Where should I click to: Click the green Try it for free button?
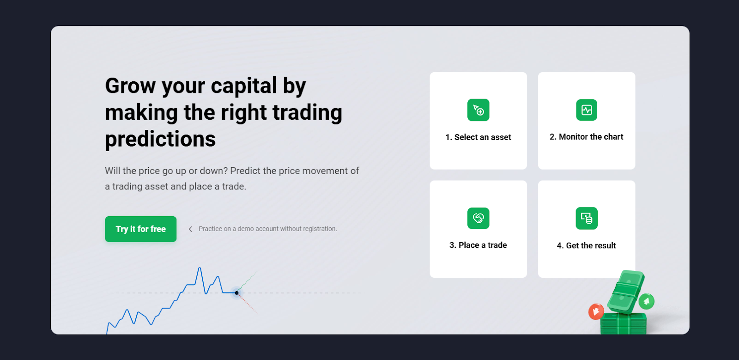tap(140, 229)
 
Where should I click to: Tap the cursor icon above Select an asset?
tap(478, 110)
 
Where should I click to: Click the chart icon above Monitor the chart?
tap(586, 110)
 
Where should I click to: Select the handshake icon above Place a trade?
tap(478, 218)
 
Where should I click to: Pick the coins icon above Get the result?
tap(586, 218)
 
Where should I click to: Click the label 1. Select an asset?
tap(478, 137)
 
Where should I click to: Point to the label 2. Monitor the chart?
tap(586, 137)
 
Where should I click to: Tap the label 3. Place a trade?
tap(478, 245)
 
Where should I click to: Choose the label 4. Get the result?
tap(586, 245)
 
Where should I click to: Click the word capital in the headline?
tap(244, 86)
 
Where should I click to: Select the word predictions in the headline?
tap(160, 139)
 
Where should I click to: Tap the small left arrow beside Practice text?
tap(190, 229)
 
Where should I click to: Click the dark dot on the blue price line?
tap(236, 293)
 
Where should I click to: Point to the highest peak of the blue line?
tap(200, 268)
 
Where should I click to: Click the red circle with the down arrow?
tap(596, 311)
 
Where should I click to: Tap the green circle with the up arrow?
tap(646, 301)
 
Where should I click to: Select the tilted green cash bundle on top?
tap(626, 292)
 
